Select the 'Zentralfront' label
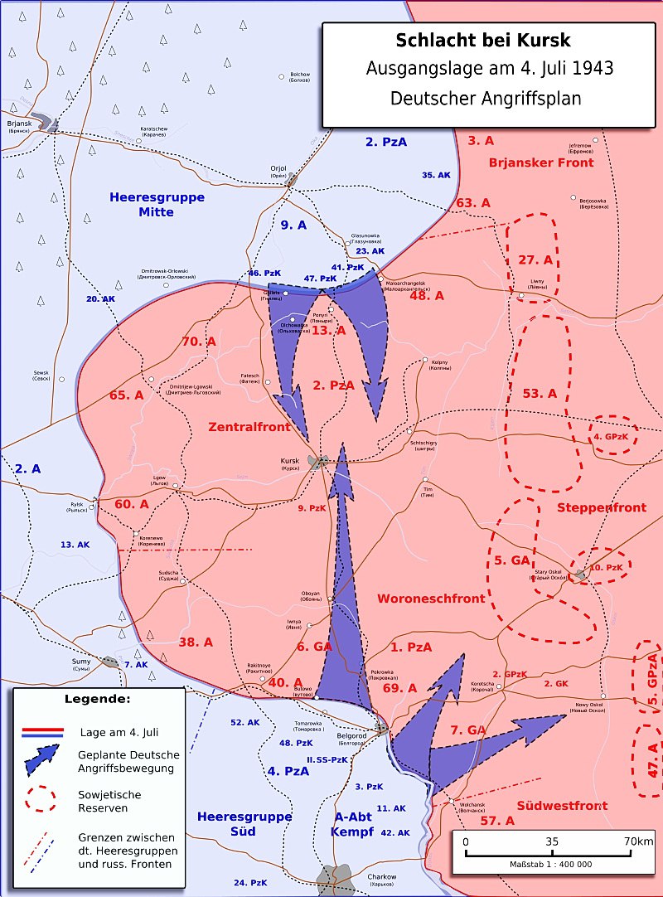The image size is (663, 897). (249, 427)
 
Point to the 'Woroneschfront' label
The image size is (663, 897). (431, 598)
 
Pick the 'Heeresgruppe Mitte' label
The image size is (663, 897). (157, 205)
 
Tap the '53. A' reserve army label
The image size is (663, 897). (540, 393)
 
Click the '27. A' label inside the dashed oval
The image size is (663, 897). (535, 260)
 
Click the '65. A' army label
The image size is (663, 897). (126, 395)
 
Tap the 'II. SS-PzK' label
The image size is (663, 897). (328, 759)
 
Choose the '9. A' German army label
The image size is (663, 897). (293, 225)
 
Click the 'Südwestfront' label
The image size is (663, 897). (562, 805)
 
